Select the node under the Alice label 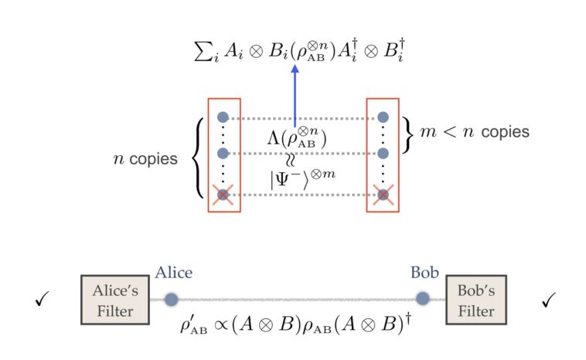pos(172,299)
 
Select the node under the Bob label pos(423,299)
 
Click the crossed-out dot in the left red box pos(223,195)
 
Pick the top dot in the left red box pos(223,117)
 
